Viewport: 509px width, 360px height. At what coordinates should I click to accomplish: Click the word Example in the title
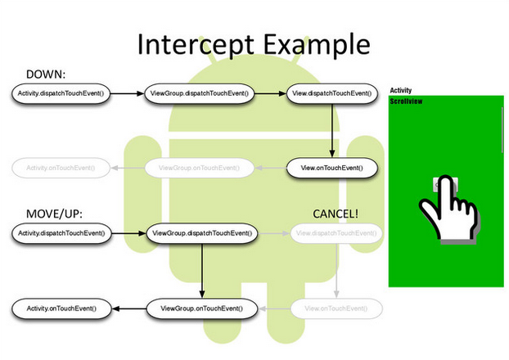click(312, 43)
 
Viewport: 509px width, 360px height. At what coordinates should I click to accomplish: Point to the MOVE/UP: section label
click(55, 214)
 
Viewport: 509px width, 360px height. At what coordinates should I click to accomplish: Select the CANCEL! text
click(336, 214)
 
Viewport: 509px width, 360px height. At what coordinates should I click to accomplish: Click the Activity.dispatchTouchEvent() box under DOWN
click(61, 94)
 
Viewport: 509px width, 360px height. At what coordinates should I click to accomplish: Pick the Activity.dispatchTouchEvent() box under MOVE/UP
click(61, 234)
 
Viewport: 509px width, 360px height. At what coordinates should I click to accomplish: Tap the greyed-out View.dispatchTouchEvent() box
click(336, 234)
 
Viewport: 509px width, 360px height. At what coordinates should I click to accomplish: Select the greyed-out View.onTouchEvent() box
click(336, 308)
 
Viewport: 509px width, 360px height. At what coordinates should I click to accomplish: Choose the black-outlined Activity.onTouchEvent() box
click(61, 308)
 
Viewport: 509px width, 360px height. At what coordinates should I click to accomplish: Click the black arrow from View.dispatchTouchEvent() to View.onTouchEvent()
click(331, 131)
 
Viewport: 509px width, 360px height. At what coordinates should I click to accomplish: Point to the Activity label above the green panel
click(401, 91)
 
